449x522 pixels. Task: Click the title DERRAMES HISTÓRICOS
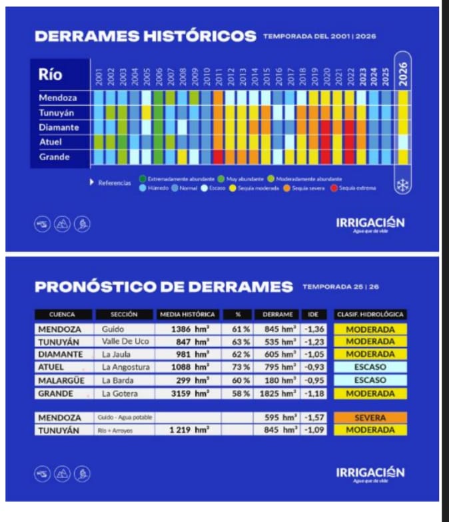[145, 37]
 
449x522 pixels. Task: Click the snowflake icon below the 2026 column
[403, 186]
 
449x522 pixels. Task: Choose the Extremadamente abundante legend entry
[176, 179]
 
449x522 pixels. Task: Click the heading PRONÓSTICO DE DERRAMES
[163, 287]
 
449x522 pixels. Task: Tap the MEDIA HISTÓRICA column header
[187, 315]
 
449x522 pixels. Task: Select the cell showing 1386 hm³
[187, 328]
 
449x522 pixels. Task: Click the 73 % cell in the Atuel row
[237, 367]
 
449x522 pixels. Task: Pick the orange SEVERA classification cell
[370, 418]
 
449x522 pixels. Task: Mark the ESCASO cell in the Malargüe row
[370, 380]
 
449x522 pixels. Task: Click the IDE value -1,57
[311, 418]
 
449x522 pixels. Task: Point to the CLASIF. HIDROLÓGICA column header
[370, 315]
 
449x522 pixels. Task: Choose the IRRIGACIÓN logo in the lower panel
[370, 473]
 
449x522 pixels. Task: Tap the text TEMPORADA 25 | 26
[340, 287]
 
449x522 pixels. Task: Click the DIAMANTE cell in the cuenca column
[61, 354]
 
